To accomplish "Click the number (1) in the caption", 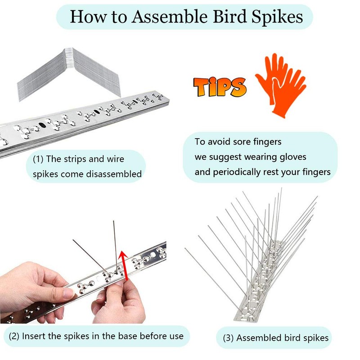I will click(x=39, y=159).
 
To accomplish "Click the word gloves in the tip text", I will click(x=289, y=157).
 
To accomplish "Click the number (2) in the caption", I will click(x=14, y=336).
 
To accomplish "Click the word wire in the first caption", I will click(x=113, y=159).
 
